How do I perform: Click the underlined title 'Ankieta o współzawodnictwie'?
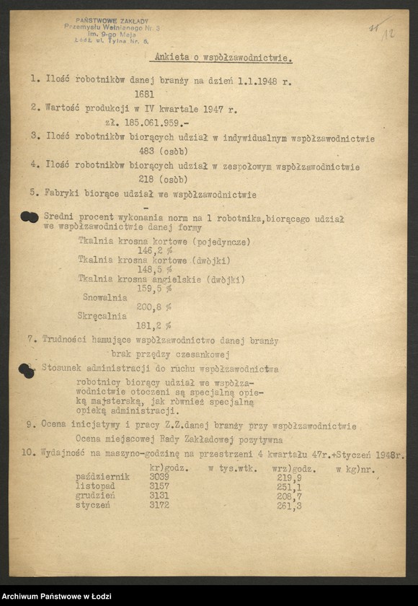click(223, 58)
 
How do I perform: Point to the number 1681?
click(144, 94)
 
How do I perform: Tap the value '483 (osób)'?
click(163, 151)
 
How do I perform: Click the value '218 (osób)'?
click(163, 180)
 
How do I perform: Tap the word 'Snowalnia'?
click(105, 297)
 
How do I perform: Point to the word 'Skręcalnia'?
click(102, 316)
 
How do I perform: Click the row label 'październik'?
click(102, 477)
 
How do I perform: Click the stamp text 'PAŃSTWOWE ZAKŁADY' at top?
click(111, 21)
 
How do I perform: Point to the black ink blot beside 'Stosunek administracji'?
click(27, 371)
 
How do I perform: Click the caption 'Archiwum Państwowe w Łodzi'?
click(54, 596)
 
